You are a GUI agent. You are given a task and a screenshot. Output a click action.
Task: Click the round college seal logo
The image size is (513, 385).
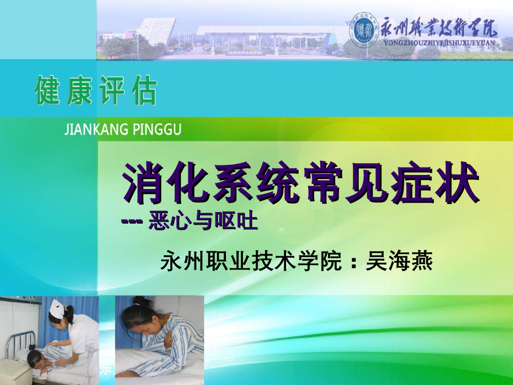click(364, 29)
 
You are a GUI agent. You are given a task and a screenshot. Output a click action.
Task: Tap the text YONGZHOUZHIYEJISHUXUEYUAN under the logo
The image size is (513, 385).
click(439, 43)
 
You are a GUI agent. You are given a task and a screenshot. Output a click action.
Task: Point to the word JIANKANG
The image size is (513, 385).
click(90, 130)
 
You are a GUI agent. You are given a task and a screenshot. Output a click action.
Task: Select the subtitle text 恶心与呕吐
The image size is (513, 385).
click(203, 221)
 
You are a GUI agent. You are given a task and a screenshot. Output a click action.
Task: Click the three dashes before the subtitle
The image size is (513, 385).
click(133, 221)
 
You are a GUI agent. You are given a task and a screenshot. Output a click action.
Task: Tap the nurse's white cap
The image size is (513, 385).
click(57, 309)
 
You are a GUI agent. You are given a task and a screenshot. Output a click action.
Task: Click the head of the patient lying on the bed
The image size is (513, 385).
click(36, 357)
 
